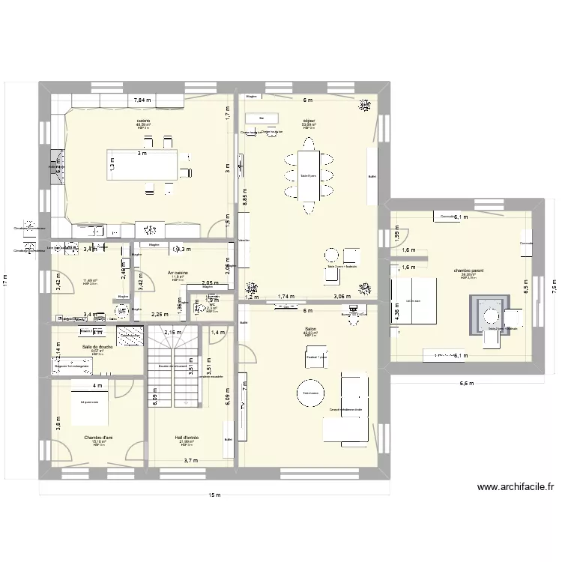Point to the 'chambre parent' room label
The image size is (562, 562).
[x=468, y=271]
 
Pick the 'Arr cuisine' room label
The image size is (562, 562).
[x=178, y=273]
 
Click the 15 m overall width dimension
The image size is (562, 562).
[x=215, y=495]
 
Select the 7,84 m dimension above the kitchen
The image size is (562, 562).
[x=142, y=100]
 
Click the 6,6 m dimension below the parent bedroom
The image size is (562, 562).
[x=466, y=384]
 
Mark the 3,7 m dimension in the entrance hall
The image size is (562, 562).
[x=190, y=461]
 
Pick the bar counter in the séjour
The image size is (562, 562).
[x=262, y=118]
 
